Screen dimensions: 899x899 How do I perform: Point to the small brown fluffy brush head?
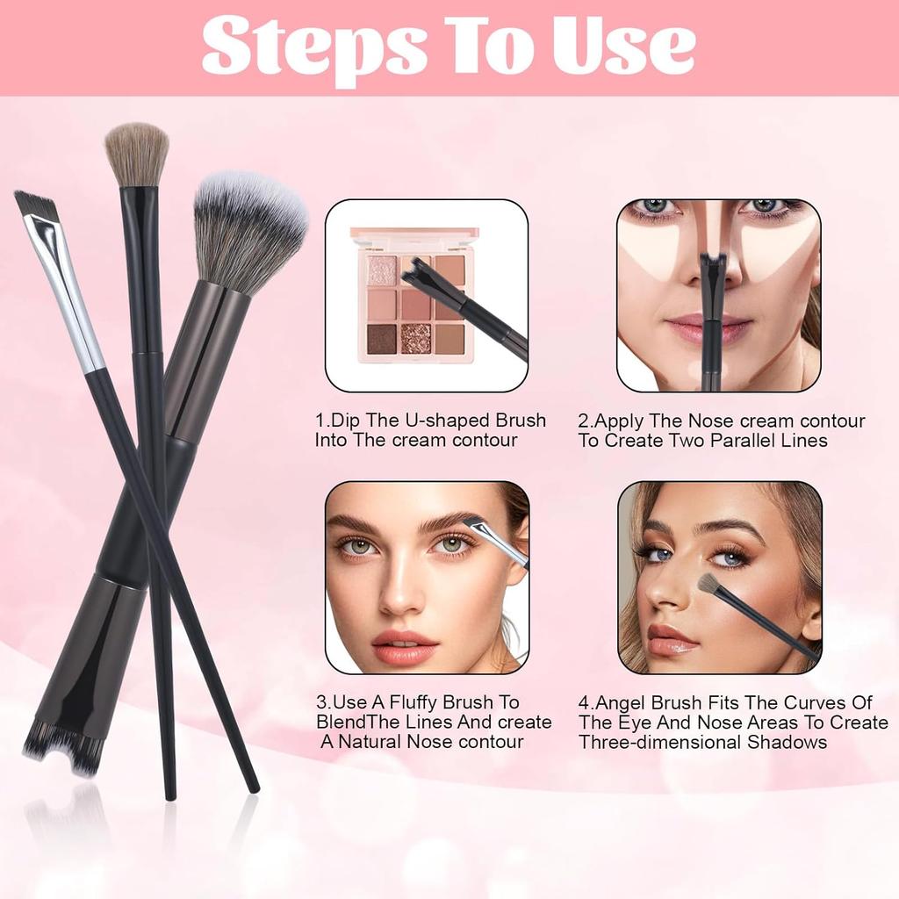click(137, 155)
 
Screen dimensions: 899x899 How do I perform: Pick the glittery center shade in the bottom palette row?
click(415, 338)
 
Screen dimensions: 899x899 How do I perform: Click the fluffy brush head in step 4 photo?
click(709, 583)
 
